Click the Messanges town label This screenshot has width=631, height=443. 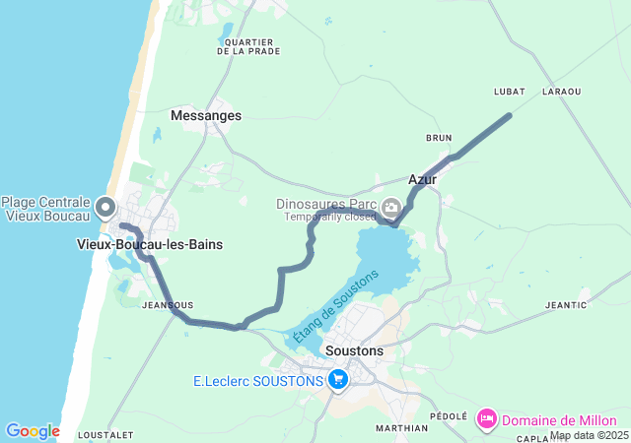[205, 115]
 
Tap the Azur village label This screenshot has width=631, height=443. [422, 179]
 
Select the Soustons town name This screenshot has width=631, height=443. [353, 349]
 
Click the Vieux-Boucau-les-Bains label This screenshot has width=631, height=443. [150, 244]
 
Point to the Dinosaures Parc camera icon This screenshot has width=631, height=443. [391, 207]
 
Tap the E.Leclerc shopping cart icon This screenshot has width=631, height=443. [338, 379]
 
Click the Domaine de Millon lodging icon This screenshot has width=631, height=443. [486, 420]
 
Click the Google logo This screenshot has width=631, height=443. [33, 431]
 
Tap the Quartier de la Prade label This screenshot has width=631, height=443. [248, 46]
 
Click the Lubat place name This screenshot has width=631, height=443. [509, 92]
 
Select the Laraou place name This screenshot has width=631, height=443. [561, 92]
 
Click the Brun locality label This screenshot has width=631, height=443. [439, 138]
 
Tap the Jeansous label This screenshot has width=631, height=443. [168, 305]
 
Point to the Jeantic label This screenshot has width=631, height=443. [566, 305]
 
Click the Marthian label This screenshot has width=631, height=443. [402, 428]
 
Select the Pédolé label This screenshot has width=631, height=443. [449, 416]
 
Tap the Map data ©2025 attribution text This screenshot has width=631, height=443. [589, 435]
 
